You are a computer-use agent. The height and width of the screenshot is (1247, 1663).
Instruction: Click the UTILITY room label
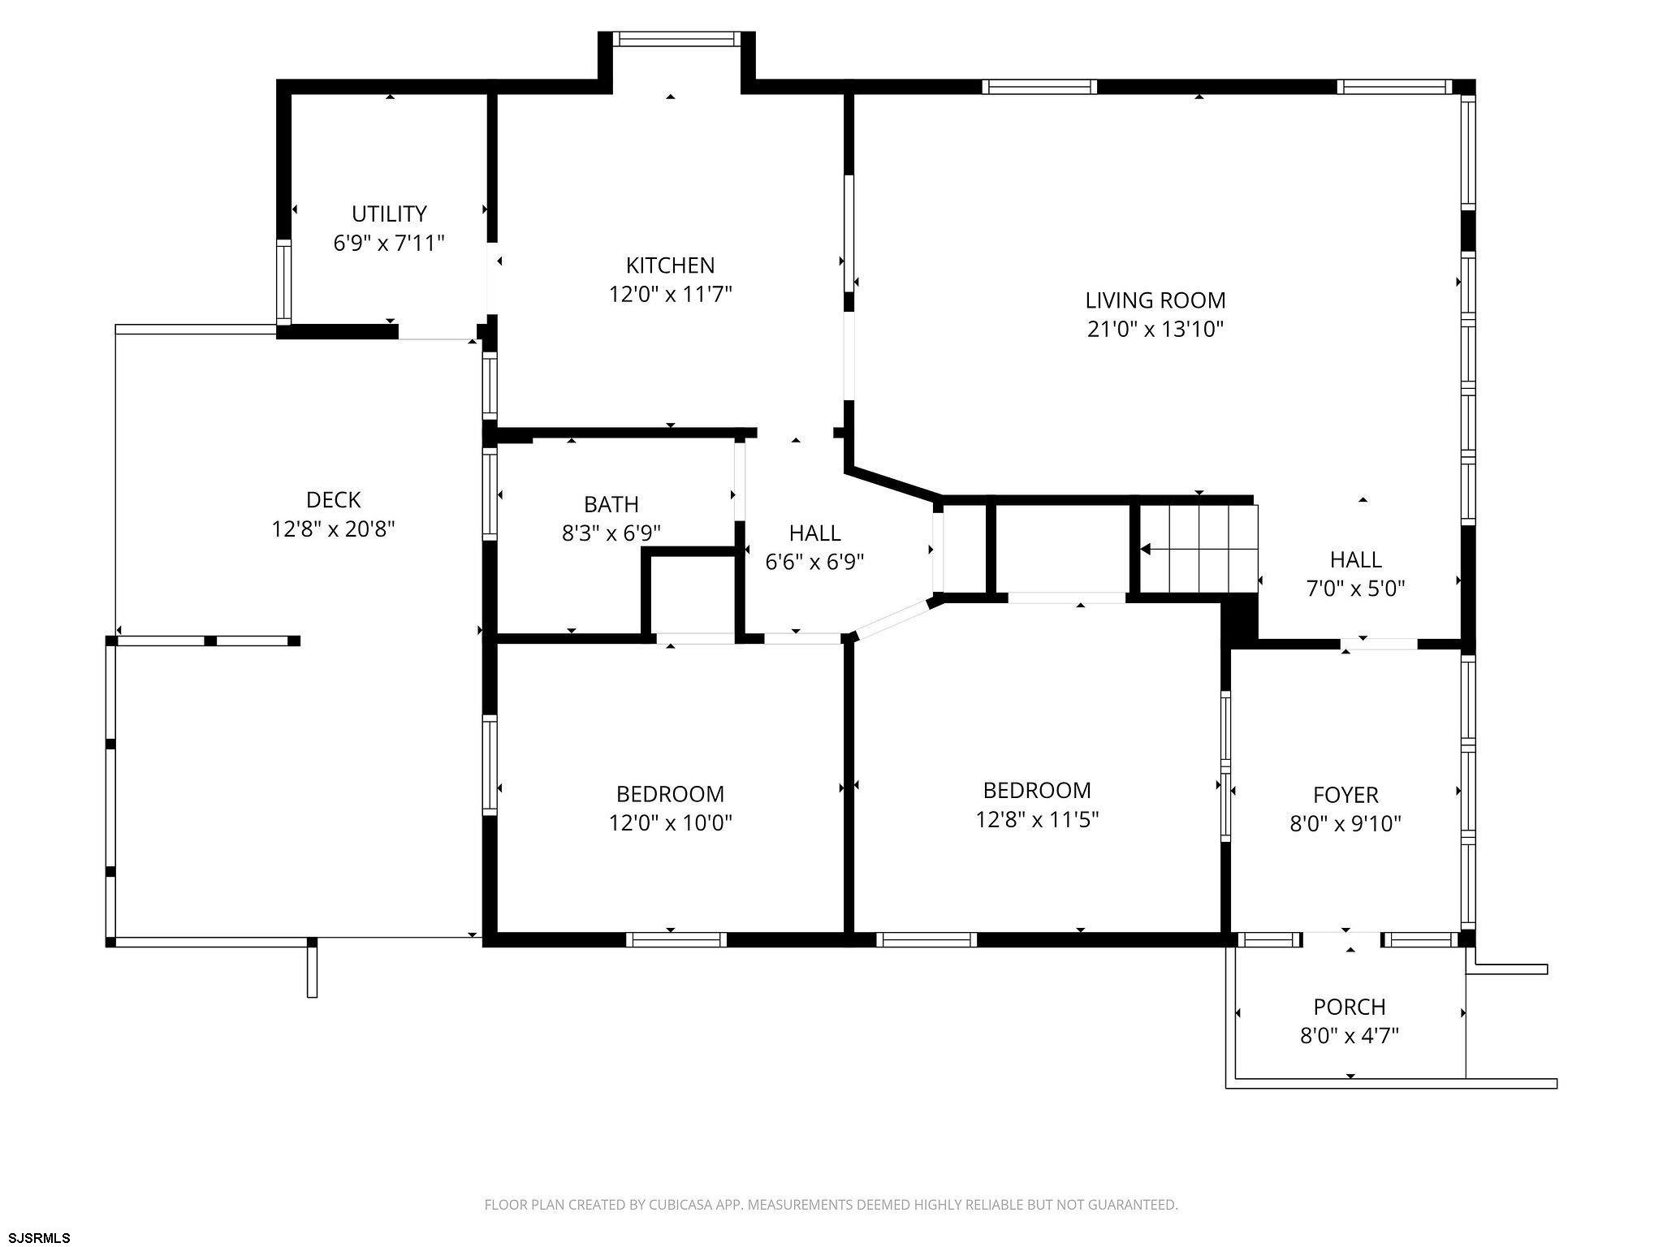[389, 214]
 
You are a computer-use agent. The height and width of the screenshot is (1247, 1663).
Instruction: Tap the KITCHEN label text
[670, 265]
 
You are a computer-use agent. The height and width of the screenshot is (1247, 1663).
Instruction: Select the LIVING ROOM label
[1155, 300]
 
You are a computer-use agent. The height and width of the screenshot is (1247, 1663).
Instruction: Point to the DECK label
[333, 499]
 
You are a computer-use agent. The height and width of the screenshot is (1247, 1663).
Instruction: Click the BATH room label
[611, 504]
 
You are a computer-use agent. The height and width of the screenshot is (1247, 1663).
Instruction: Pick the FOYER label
[1346, 795]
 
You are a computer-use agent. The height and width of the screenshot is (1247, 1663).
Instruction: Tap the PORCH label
[1350, 1007]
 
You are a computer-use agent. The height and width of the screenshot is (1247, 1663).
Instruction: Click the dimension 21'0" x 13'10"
[1155, 330]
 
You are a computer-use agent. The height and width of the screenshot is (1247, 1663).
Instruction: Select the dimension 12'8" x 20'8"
[333, 529]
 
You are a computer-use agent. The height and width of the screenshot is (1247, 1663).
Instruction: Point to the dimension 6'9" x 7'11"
[389, 243]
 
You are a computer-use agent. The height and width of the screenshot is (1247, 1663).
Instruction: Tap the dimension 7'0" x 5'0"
[1355, 589]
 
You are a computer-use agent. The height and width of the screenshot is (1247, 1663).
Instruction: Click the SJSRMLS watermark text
[37, 1237]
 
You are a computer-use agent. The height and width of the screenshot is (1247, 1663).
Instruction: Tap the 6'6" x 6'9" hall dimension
[814, 562]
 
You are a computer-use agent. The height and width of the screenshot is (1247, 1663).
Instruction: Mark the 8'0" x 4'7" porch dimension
[1350, 1036]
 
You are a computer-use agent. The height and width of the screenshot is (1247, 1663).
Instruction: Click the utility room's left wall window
[283, 282]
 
